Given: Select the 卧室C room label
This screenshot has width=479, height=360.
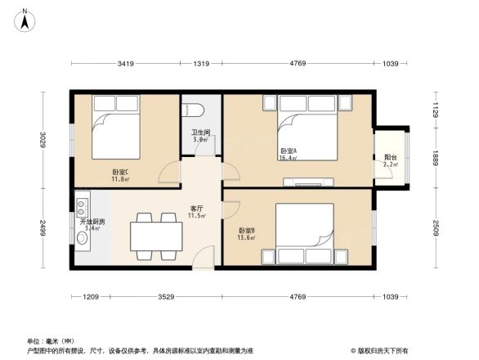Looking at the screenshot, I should click(120, 173).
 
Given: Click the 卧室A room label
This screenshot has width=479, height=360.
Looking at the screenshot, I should click(288, 151).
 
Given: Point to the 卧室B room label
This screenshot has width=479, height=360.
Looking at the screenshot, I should click(247, 231).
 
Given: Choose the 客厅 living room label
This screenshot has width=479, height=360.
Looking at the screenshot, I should click(197, 208).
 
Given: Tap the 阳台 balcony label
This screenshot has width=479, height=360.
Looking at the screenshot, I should click(391, 157).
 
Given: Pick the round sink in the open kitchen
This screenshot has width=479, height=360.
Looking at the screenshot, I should click(83, 238).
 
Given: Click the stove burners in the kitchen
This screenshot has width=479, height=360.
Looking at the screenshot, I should click(82, 205).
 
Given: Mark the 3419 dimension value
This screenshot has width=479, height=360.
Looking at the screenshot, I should click(125, 63).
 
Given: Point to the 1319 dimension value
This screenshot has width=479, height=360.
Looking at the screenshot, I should click(201, 63).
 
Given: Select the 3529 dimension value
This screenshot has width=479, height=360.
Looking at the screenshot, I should click(166, 296).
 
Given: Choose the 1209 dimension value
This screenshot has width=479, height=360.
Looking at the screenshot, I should click(90, 296).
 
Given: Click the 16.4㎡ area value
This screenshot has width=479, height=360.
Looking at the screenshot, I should click(288, 158).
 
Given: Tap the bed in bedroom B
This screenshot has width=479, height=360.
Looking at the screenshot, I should click(304, 233).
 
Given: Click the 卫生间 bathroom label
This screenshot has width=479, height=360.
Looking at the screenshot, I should click(201, 133).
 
